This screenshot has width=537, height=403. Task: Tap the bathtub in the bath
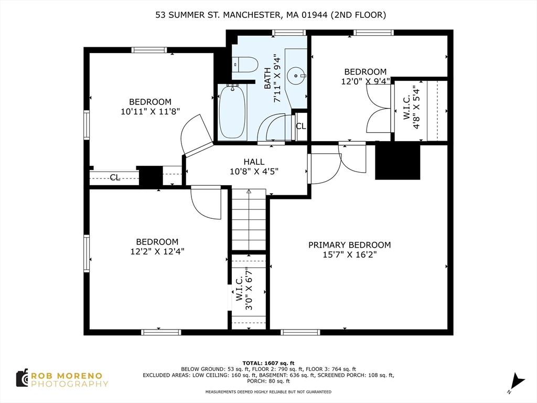coord(232,112)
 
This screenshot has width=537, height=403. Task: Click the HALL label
coord(254,162)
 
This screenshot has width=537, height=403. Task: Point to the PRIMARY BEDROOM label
coord(349,245)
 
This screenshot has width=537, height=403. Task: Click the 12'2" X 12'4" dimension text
coord(157,251)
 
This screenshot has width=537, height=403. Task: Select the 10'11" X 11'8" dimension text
coord(151,112)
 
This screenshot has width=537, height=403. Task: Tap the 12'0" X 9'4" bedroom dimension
coord(366,81)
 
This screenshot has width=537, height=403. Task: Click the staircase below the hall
coord(249,219)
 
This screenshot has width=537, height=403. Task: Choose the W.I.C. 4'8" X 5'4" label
coord(411,107)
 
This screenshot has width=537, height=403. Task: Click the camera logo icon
coord(22,378)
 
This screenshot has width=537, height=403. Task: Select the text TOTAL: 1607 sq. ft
coord(268,363)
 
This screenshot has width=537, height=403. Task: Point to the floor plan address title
coord(271,15)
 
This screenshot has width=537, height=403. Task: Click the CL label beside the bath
coord(300,126)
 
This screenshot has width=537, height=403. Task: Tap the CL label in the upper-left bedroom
coord(115,177)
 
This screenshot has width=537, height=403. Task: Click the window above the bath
coord(289,33)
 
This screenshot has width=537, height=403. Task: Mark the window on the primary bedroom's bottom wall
coord(300,332)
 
